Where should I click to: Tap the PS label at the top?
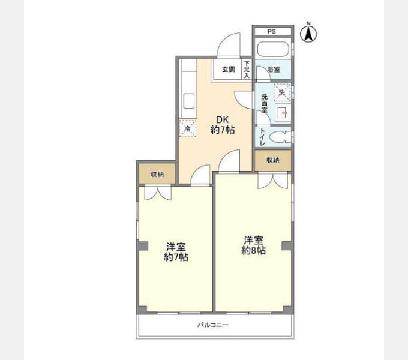tap(272, 31)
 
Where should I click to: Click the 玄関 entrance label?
tap(228, 69)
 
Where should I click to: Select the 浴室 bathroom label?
tap(273, 70)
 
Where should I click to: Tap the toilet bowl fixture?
tap(279, 137)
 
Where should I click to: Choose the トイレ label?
tap(262, 137)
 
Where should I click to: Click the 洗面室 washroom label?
tap(264, 103)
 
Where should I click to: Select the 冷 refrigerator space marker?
tap(188, 128)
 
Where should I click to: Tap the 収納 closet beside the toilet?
tap(272, 160)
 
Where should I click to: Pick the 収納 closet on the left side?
tap(157, 174)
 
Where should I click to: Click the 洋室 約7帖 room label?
tap(176, 251)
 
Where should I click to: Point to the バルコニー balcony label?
tap(214, 325)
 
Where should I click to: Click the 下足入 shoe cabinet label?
tap(246, 69)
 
